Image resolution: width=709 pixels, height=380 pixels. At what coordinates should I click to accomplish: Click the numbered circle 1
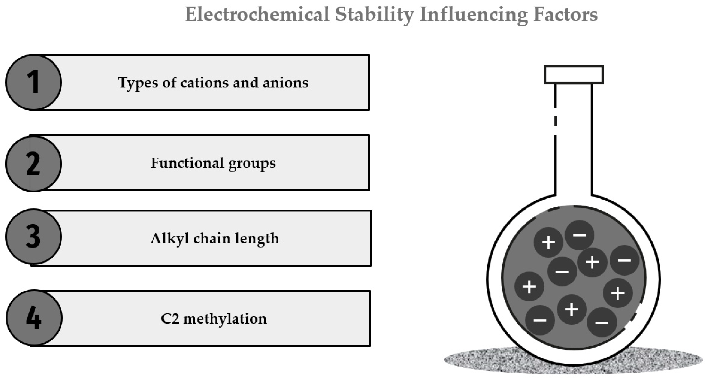click(x=34, y=82)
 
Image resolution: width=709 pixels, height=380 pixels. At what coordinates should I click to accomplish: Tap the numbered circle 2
click(x=34, y=164)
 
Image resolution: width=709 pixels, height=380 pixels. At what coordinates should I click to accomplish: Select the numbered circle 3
click(x=34, y=237)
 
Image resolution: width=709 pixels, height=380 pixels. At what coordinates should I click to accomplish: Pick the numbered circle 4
click(x=34, y=318)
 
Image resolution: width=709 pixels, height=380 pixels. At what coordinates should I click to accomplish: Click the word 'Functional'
click(x=187, y=163)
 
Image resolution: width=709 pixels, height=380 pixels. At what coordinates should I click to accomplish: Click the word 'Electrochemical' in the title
click(x=257, y=14)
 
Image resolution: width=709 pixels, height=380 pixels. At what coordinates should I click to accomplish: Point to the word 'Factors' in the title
click(x=565, y=14)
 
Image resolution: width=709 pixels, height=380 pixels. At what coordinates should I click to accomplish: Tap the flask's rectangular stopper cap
click(x=574, y=75)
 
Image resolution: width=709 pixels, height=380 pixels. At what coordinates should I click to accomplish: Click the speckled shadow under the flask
click(x=482, y=360)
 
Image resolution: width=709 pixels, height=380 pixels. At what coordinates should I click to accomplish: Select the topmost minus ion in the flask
click(x=579, y=235)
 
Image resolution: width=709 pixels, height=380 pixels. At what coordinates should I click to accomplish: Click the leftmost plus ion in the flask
click(x=529, y=286)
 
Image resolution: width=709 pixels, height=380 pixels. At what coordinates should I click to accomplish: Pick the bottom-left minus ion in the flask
click(x=540, y=320)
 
